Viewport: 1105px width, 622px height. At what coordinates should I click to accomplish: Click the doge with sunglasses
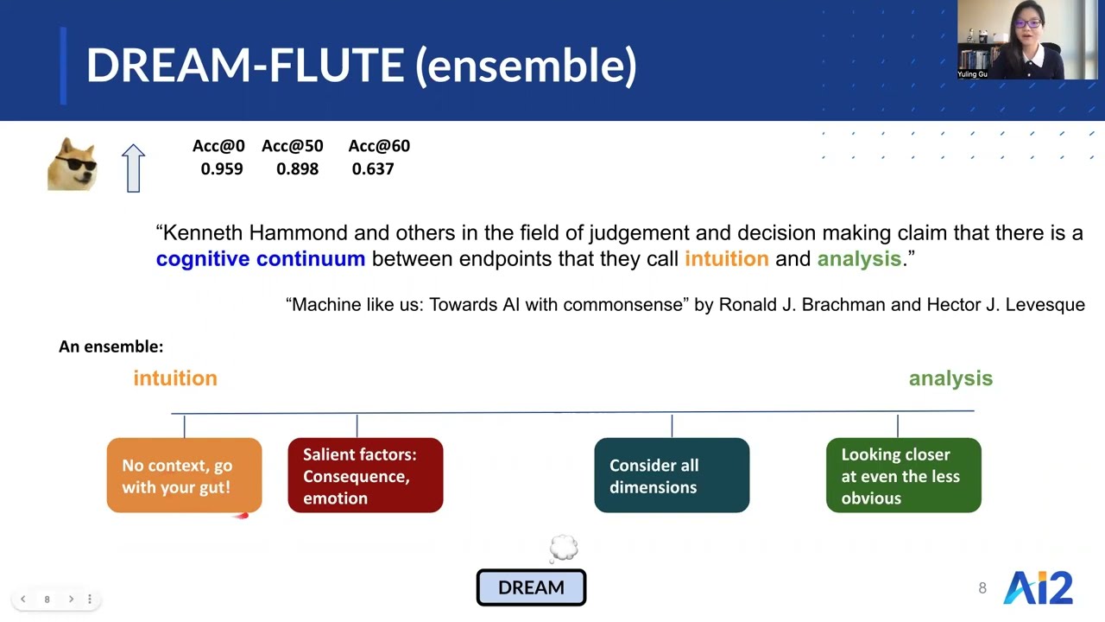pyautogui.click(x=72, y=164)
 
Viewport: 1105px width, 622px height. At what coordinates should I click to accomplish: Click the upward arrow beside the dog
pyautogui.click(x=133, y=168)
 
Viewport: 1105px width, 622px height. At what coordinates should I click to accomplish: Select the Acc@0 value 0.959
pyautogui.click(x=222, y=168)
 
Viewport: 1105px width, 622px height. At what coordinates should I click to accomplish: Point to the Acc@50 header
pyautogui.click(x=292, y=146)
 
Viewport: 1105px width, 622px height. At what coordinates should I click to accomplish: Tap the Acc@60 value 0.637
pyautogui.click(x=372, y=168)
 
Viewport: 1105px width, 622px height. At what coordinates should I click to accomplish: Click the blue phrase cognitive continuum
pyautogui.click(x=261, y=258)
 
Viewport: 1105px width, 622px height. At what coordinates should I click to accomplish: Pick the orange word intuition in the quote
pyautogui.click(x=727, y=258)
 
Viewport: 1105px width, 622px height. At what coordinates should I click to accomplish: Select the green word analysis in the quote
pyautogui.click(x=859, y=259)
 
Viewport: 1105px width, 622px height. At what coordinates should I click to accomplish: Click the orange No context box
pyautogui.click(x=184, y=475)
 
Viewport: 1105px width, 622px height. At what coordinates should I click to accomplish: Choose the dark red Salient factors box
pyautogui.click(x=365, y=475)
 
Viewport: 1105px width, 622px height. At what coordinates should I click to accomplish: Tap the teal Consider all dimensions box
pyautogui.click(x=672, y=475)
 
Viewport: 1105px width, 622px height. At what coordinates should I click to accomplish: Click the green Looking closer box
pyautogui.click(x=904, y=475)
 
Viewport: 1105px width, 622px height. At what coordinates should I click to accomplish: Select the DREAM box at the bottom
pyautogui.click(x=531, y=587)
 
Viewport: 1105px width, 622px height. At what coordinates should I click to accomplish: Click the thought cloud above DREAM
pyautogui.click(x=563, y=548)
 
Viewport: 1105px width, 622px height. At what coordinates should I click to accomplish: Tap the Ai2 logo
pyautogui.click(x=1038, y=587)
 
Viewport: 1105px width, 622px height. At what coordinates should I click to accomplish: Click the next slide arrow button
pyautogui.click(x=71, y=599)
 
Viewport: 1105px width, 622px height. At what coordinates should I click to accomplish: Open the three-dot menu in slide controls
pyautogui.click(x=89, y=599)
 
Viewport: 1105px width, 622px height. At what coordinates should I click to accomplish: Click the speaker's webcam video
pyautogui.click(x=1027, y=40)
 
